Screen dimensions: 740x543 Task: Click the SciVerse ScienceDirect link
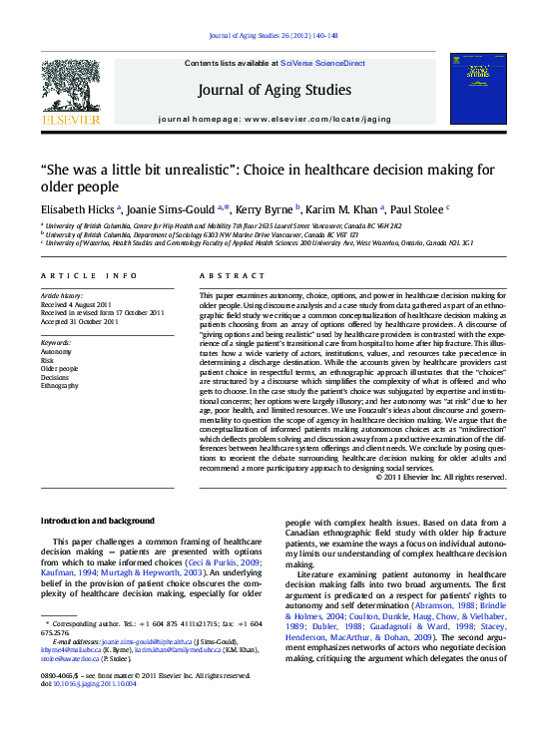coord(322,63)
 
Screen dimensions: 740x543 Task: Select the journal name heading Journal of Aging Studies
coord(274,90)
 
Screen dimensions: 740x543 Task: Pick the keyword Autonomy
coord(56,352)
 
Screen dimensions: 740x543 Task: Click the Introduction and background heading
coord(97,521)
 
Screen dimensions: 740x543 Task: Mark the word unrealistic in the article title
coord(177,170)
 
